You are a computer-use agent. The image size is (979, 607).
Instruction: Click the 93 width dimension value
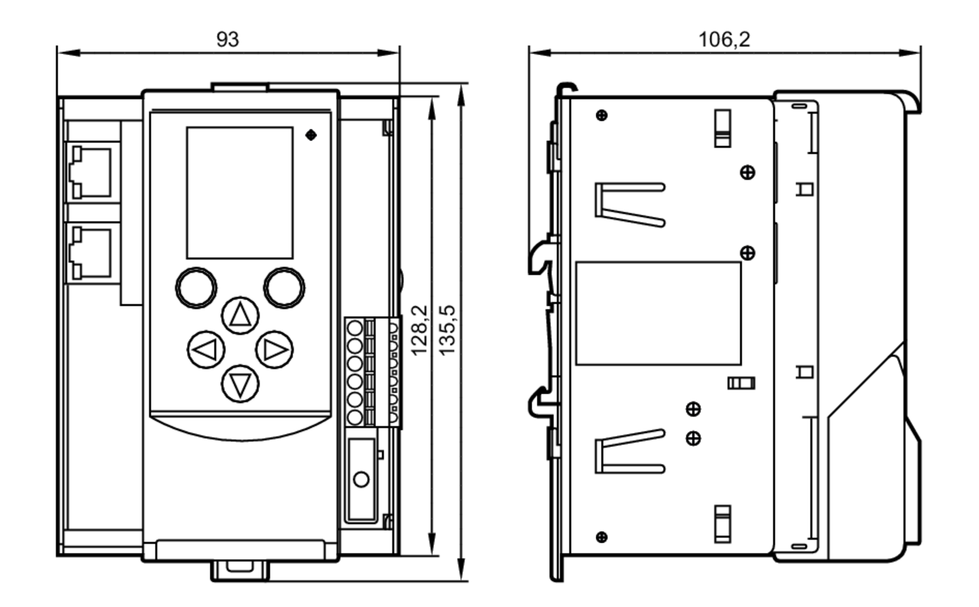228,39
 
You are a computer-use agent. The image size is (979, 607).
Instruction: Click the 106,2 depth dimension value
723,39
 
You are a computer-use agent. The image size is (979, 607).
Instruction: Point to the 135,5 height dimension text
447,331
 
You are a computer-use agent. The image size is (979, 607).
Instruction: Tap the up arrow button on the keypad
240,315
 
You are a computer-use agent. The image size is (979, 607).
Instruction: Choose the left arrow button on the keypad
206,350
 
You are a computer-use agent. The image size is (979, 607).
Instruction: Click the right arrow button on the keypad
274,350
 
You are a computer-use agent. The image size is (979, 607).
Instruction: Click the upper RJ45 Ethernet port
92,173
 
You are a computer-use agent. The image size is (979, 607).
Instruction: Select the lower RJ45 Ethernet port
92,253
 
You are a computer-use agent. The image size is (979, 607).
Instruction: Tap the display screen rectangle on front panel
240,193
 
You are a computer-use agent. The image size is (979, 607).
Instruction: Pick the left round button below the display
196,288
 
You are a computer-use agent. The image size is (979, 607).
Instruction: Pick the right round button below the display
284,288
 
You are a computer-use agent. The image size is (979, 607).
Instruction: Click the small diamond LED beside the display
311,135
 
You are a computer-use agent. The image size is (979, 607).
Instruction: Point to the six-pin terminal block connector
372,372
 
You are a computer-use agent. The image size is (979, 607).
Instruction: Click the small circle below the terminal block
361,479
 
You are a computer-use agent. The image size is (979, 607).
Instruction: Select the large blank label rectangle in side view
658,313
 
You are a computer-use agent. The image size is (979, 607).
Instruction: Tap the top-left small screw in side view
602,115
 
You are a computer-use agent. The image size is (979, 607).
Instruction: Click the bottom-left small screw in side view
602,537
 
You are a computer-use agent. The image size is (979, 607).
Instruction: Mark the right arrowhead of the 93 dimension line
389,52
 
